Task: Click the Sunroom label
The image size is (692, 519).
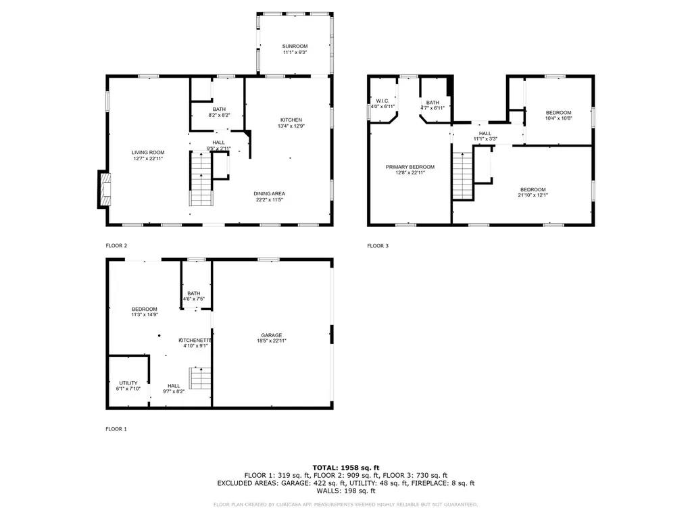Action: (295, 48)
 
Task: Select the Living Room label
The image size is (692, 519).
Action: (147, 155)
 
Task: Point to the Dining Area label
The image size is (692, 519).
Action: (270, 196)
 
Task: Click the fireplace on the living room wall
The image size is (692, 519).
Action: (103, 189)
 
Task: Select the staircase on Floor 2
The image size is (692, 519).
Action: (201, 179)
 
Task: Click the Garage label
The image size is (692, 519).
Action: (272, 338)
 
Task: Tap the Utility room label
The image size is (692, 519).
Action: (128, 386)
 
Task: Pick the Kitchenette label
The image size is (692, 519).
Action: (195, 343)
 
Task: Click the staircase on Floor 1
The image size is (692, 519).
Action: (201, 378)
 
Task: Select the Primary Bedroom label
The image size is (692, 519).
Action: (410, 170)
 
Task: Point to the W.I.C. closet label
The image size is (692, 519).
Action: (382, 103)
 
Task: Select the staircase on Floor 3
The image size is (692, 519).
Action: (462, 175)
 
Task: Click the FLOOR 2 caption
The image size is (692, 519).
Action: (116, 246)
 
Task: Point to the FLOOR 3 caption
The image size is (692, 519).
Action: (378, 246)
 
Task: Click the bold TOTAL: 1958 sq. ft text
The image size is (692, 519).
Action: (346, 468)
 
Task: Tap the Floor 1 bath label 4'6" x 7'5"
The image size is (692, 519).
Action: (194, 296)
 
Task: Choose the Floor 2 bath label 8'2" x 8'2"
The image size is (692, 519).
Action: (219, 112)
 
